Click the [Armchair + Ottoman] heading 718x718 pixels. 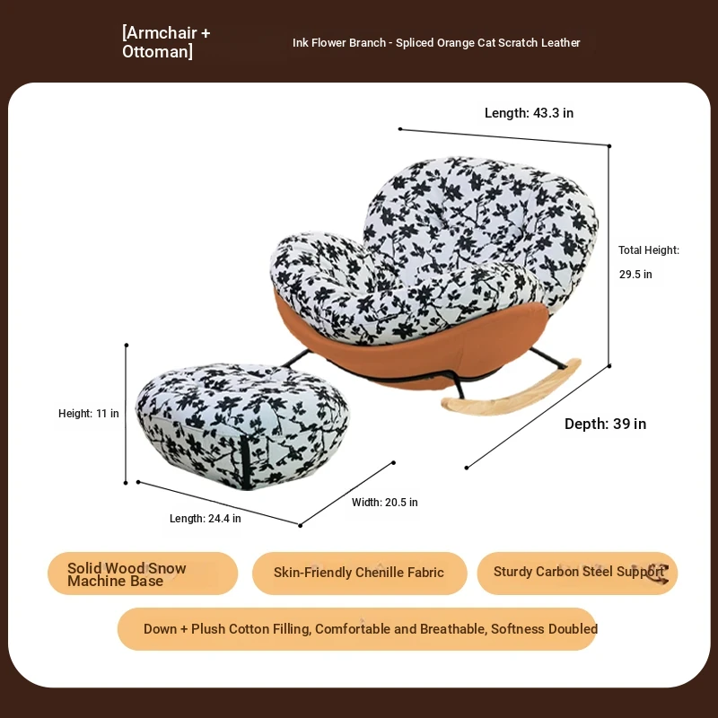click(166, 41)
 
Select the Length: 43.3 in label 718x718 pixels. click(529, 113)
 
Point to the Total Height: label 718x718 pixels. click(649, 250)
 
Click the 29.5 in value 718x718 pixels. click(635, 275)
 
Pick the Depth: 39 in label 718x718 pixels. click(605, 424)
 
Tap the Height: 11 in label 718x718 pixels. click(88, 414)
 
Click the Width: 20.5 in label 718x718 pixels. click(385, 503)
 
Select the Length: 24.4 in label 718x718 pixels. click(206, 519)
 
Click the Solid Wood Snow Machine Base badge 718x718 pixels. click(143, 574)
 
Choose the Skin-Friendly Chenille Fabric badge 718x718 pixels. click(360, 574)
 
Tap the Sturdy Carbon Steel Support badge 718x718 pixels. click(577, 574)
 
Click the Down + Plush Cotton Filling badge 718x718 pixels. click(357, 629)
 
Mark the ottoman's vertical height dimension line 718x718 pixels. click(126, 414)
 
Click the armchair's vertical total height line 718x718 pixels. click(609, 256)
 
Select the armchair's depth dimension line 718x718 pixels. click(538, 416)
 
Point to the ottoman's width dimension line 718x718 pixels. click(346, 495)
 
